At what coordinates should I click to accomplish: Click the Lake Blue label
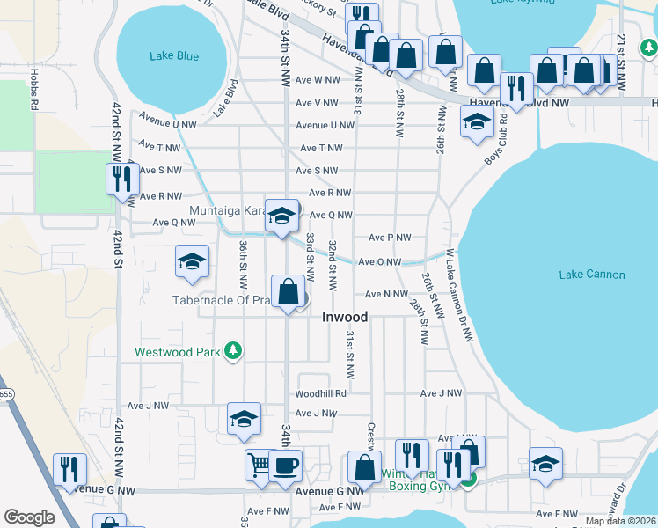tap(174, 56)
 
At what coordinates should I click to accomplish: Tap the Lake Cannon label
tap(592, 275)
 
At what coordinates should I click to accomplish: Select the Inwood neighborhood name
tap(344, 316)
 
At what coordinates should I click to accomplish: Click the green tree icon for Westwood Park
tap(233, 352)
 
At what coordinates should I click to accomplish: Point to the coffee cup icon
tap(284, 466)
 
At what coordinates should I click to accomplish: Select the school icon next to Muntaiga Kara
tap(281, 216)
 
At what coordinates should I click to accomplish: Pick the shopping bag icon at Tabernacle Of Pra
tap(289, 290)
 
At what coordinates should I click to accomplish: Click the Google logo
tap(29, 517)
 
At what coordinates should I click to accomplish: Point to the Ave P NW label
tap(390, 238)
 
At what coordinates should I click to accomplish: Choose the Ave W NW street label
tap(318, 79)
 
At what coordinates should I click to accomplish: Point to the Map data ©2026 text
tap(620, 521)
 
